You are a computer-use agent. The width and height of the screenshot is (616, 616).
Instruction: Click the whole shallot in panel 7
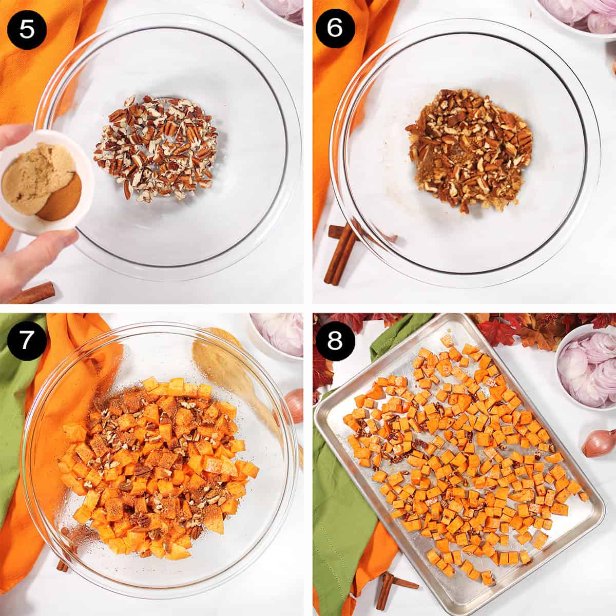pos(294,406)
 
